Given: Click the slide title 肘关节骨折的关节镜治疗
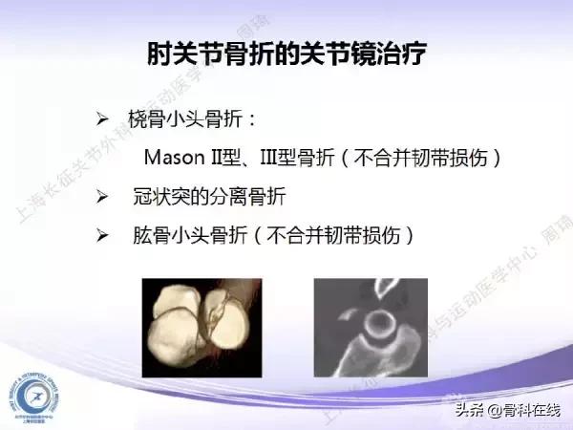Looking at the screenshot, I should click(x=286, y=54).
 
